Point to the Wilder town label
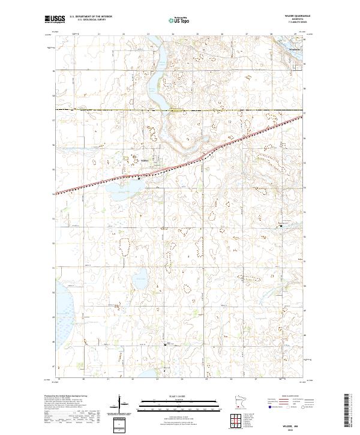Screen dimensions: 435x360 point(144,160)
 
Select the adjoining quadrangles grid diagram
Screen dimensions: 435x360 point(238,422)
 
